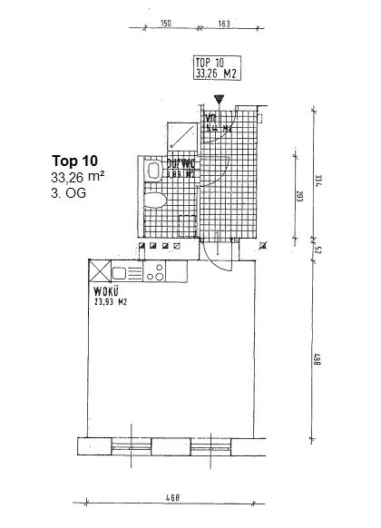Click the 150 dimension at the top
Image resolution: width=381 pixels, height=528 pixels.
pos(166,22)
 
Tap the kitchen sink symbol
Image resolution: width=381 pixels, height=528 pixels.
pos(128,270)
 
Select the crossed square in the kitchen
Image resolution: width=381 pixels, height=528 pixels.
pos(97,270)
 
